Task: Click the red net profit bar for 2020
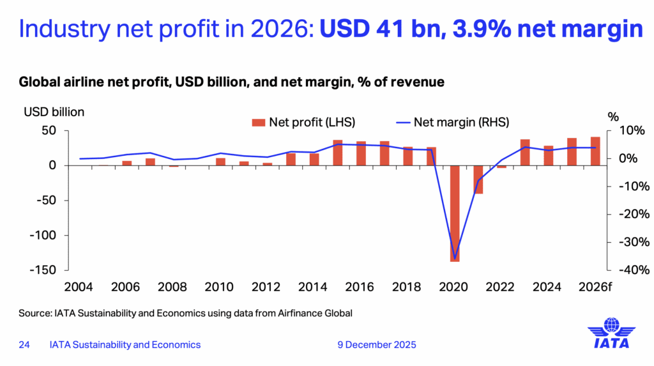455,213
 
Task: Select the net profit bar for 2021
478,179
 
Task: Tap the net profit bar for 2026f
595,151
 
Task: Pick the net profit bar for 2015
338,153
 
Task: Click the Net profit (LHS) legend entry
304,121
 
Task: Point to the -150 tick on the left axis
43,270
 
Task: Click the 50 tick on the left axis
50,130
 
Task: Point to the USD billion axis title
54,112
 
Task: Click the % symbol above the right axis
613,117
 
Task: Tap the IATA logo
611,333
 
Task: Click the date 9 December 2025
377,345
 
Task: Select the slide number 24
24,345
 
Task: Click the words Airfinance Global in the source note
317,314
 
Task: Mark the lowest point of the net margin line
455,259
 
